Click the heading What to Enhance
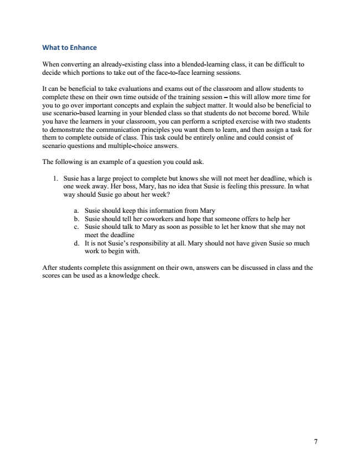[70, 48]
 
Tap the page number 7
[315, 442]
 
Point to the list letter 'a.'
[76, 211]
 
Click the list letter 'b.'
[76, 219]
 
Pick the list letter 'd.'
[76, 243]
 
